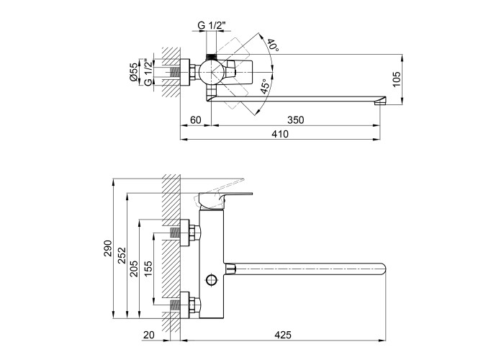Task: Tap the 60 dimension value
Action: coord(194,120)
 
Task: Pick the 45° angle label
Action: coord(265,88)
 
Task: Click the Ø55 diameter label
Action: coord(134,73)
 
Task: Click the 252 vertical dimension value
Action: coord(122,255)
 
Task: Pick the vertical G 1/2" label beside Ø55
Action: coord(147,73)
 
